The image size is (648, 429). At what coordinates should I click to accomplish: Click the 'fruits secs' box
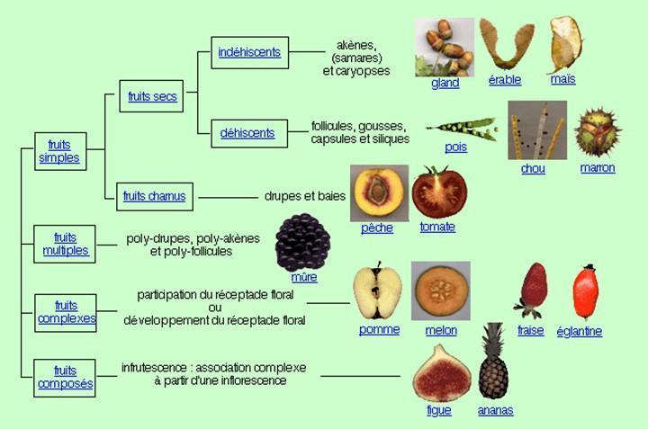(x=151, y=96)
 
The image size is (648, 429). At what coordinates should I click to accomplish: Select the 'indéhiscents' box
(x=249, y=52)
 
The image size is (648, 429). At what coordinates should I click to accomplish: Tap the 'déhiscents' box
(x=249, y=133)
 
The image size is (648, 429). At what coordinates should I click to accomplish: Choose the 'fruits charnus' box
(x=155, y=197)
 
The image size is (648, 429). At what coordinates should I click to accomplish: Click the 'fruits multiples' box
(x=65, y=244)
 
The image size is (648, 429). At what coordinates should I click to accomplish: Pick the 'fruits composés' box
(x=65, y=378)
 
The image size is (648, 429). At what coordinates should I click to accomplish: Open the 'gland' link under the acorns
(x=445, y=83)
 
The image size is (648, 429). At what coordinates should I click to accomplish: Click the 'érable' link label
(x=505, y=80)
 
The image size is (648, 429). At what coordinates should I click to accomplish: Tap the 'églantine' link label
(x=580, y=331)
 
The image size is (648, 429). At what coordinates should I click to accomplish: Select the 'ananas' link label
(x=496, y=410)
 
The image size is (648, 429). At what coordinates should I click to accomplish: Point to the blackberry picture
(x=303, y=242)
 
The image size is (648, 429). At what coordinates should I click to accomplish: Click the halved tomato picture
(x=440, y=192)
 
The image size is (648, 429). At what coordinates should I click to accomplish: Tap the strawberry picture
(x=532, y=290)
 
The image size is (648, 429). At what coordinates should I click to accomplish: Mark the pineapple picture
(x=493, y=362)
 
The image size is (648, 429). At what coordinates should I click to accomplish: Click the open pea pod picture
(x=462, y=129)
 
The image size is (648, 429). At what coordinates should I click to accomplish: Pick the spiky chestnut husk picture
(x=598, y=131)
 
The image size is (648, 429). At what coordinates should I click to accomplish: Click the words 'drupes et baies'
(x=305, y=196)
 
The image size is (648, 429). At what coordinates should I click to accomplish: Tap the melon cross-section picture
(x=441, y=290)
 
